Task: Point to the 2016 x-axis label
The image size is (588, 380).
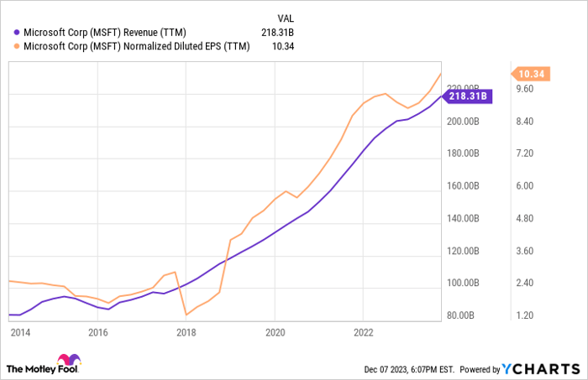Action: [98, 332]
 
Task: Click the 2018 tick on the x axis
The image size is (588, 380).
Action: [186, 332]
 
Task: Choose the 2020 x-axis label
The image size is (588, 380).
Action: [275, 332]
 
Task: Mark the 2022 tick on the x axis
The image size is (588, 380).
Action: [362, 332]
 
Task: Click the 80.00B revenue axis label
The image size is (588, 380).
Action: [462, 315]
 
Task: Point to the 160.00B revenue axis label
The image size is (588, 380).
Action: [462, 186]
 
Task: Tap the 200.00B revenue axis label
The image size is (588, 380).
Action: [462, 122]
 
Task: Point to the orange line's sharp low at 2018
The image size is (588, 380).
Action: [186, 315]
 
